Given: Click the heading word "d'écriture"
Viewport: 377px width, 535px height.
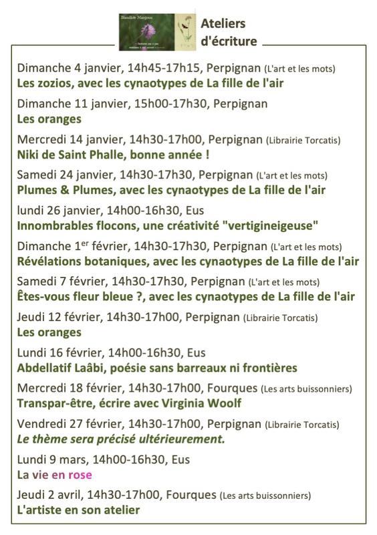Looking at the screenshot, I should coord(229,41).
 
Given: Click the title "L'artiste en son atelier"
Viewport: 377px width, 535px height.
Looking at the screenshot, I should coord(78,510).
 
